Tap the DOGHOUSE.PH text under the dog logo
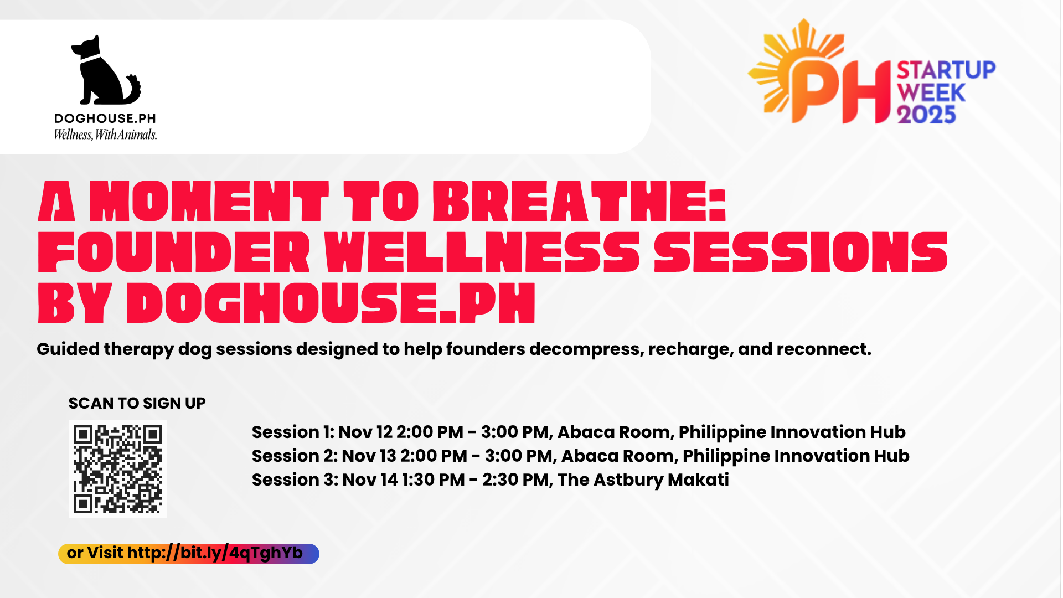click(105, 118)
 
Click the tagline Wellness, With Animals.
click(105, 135)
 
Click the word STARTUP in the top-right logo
click(946, 70)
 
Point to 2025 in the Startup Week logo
click(926, 115)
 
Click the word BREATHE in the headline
click(579, 202)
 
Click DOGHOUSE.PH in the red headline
click(331, 303)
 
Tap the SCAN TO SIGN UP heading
click(137, 403)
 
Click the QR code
click(118, 469)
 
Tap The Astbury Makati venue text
click(643, 480)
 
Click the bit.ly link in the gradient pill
click(215, 553)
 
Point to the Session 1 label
click(292, 432)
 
